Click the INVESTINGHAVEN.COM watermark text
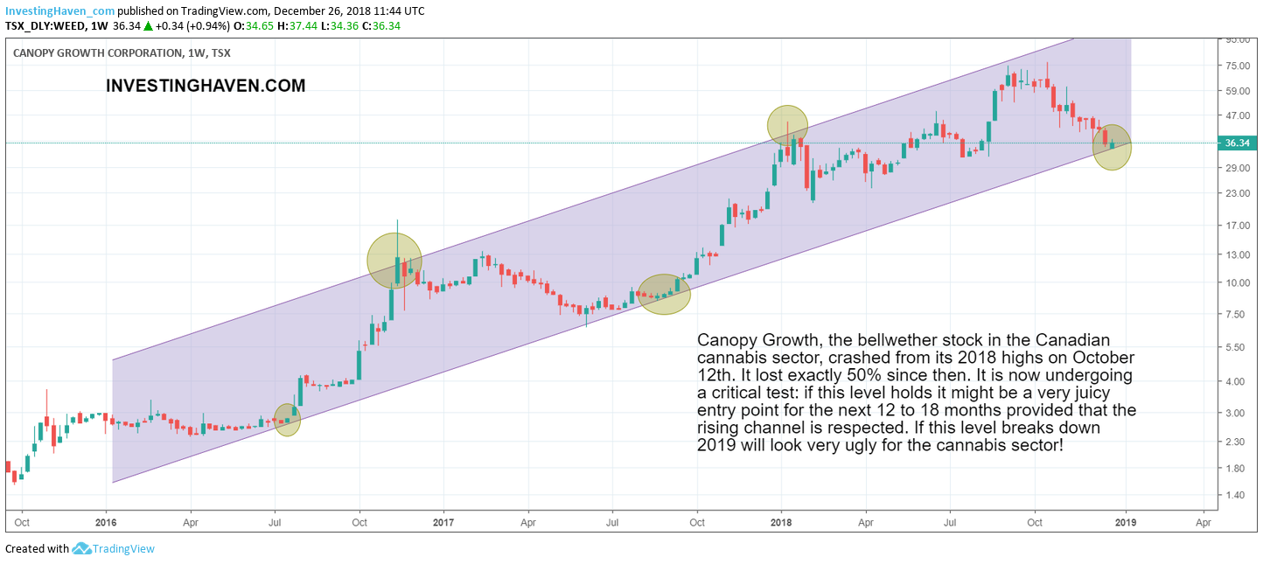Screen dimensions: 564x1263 pyautogui.click(x=206, y=86)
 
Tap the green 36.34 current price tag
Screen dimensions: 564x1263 pyautogui.click(x=1239, y=143)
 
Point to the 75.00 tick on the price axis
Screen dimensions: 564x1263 pyautogui.click(x=1236, y=66)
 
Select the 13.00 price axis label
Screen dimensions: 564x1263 pyautogui.click(x=1236, y=255)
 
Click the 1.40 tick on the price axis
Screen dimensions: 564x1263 pyautogui.click(x=1236, y=496)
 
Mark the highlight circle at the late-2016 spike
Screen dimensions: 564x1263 pyautogui.click(x=394, y=260)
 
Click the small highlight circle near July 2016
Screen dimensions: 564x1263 pyautogui.click(x=287, y=420)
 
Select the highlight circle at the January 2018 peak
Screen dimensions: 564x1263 pyautogui.click(x=787, y=124)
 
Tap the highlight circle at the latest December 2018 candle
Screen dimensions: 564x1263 pyautogui.click(x=1112, y=147)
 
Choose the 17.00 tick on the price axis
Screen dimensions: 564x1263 pyautogui.click(x=1236, y=225)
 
